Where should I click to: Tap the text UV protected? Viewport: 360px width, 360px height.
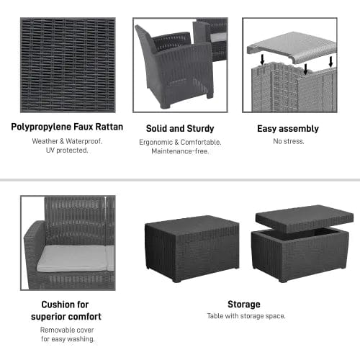tap(67, 150)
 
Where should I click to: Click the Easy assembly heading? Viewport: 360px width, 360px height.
tap(288, 129)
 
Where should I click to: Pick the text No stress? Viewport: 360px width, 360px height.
tap(288, 141)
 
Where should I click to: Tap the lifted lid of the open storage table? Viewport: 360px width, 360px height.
tap(304, 218)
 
